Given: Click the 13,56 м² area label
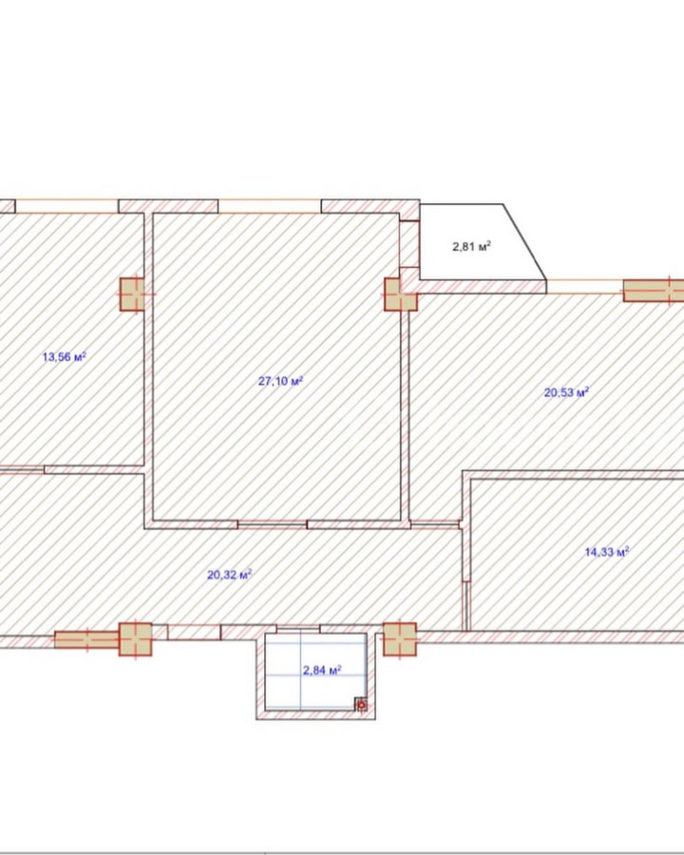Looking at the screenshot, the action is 65,357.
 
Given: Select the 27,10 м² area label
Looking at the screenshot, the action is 280,381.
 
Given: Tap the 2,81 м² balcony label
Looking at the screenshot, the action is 472,246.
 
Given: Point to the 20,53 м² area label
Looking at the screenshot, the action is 567,392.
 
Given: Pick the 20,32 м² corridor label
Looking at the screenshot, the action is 229,574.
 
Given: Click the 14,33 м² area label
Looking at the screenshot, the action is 607,552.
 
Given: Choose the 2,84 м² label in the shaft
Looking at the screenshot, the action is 322,670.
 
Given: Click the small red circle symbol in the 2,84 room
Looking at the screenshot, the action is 361,706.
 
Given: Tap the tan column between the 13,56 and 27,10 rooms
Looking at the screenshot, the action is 132,294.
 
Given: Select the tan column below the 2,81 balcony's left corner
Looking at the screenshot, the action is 400,294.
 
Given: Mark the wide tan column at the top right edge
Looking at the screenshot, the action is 654,291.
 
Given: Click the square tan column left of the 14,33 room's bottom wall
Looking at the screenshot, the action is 400,639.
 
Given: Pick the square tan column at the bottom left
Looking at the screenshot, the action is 135,639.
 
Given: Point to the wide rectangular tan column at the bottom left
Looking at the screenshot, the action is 86,639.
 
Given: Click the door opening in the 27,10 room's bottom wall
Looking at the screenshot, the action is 273,524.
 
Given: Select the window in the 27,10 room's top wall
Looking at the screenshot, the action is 270,206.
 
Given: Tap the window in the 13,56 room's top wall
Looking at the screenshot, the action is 66,206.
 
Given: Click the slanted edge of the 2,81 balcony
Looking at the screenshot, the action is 524,242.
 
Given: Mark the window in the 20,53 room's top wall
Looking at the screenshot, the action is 585,287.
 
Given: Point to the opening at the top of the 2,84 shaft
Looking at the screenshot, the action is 297,629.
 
